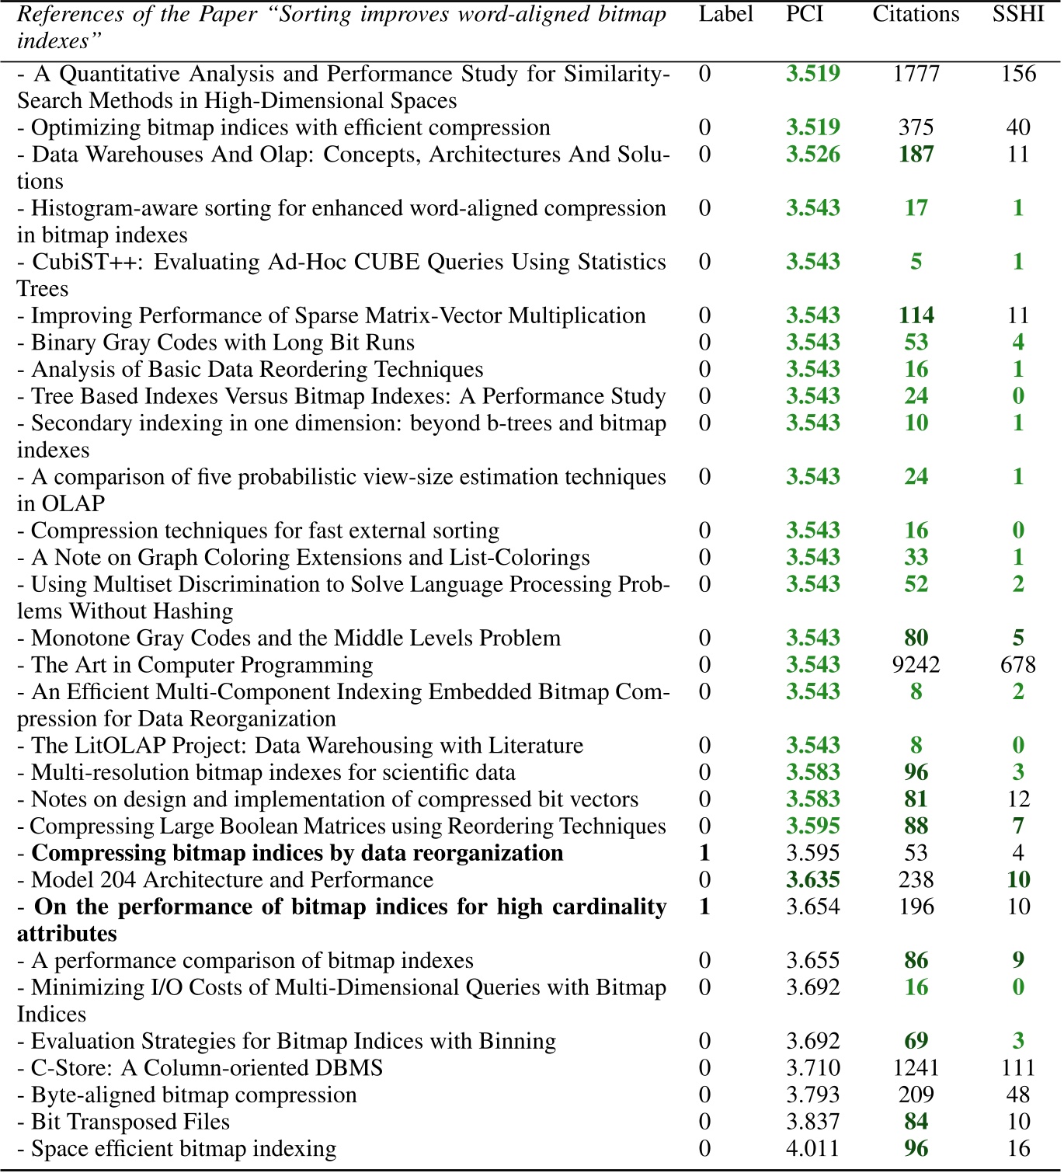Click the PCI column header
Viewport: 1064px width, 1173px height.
804,14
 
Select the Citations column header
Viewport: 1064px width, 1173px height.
916,14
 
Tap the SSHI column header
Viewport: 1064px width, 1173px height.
1017,14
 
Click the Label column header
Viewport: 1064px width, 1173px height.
725,14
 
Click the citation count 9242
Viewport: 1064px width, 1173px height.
916,665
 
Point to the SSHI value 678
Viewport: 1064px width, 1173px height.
1017,665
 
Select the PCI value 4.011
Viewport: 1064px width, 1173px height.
812,1148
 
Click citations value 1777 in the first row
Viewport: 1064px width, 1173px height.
916,74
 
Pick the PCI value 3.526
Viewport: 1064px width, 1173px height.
812,154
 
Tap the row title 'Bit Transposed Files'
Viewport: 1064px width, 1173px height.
130,1122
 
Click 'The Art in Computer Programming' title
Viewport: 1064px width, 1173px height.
201,665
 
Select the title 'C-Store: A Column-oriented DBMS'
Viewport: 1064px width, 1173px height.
207,1068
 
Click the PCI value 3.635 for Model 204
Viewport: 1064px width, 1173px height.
812,880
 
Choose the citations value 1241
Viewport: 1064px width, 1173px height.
916,1068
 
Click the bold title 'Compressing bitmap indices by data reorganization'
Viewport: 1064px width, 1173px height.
297,853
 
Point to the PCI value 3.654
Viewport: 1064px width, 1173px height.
812,907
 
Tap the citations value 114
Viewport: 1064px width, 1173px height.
916,315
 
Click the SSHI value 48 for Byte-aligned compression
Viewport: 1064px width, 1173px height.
1017,1095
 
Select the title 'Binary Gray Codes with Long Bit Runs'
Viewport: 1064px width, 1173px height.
222,343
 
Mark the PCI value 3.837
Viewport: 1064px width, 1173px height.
812,1122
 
